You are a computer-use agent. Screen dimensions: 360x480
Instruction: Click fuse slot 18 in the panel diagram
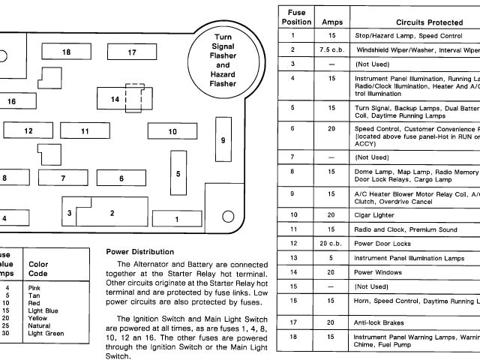pos(66,52)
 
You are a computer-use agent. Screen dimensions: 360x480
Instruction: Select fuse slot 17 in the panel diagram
pos(132,52)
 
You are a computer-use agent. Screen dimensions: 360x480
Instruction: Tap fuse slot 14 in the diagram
pos(115,99)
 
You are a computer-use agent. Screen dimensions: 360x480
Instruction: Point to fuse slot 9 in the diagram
pos(223,139)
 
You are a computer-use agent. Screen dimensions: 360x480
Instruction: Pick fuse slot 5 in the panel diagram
pos(178,173)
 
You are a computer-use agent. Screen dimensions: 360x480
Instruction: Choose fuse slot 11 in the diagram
pos(85,131)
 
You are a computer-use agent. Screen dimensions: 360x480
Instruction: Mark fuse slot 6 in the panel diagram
pos(121,178)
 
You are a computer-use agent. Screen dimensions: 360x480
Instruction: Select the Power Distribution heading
pos(140,251)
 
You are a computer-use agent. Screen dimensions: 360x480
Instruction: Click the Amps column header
pos(331,22)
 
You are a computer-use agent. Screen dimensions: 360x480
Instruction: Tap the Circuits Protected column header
pos(420,22)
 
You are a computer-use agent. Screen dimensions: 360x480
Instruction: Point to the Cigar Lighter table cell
pos(374,214)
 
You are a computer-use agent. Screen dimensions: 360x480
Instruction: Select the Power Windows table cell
pos(379,271)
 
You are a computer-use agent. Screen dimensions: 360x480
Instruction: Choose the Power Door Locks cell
pos(382,243)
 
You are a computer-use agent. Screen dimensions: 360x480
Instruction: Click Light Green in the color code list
pos(46,332)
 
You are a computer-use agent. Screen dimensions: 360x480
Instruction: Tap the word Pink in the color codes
pos(34,287)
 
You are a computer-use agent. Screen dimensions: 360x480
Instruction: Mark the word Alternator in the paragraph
pos(154,265)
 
